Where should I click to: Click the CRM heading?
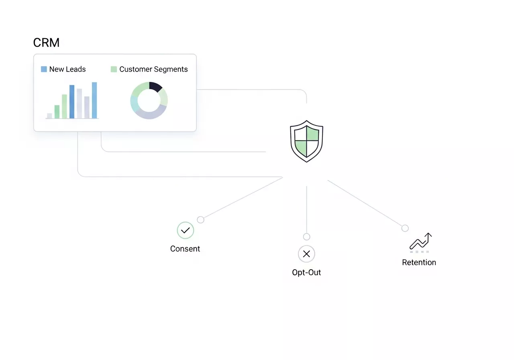46,43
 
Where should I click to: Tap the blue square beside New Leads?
44,69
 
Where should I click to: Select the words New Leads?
67,69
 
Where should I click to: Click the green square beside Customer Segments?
114,69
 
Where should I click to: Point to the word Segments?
170,69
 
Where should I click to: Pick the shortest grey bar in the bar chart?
49,116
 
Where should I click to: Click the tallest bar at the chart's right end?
94,100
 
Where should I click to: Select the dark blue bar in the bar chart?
72,102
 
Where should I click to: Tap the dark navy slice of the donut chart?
155,86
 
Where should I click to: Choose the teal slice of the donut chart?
134,104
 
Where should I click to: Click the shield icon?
306,141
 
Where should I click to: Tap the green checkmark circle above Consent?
186,231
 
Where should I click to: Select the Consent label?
185,249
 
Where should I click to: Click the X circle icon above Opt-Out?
306,254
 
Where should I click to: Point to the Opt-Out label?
306,272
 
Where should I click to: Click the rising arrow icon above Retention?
420,242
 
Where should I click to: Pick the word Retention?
419,262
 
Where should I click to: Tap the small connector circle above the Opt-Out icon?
306,237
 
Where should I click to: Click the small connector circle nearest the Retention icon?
405,228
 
